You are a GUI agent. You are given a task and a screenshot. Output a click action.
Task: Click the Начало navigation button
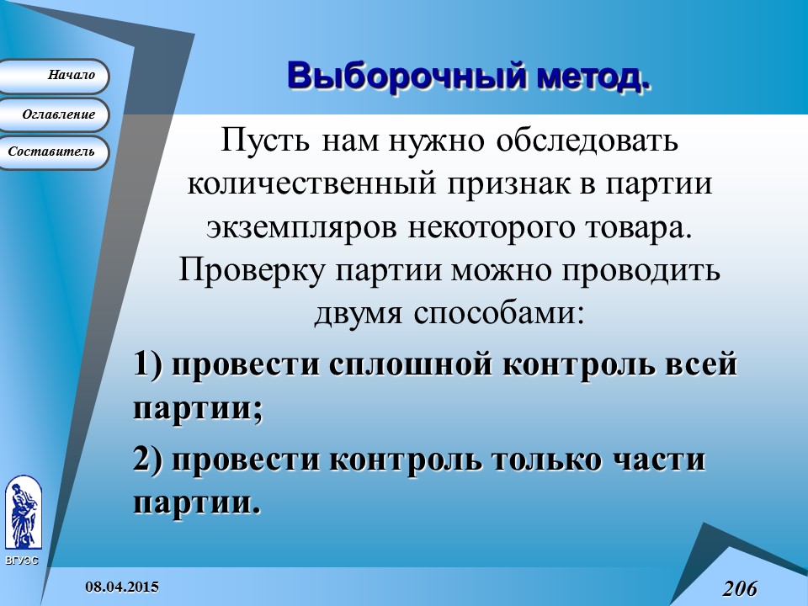click(x=54, y=76)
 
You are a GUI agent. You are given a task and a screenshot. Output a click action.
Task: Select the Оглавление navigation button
click(x=54, y=114)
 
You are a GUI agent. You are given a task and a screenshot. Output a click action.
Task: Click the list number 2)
click(x=151, y=460)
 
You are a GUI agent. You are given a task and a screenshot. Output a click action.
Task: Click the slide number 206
click(x=740, y=588)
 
